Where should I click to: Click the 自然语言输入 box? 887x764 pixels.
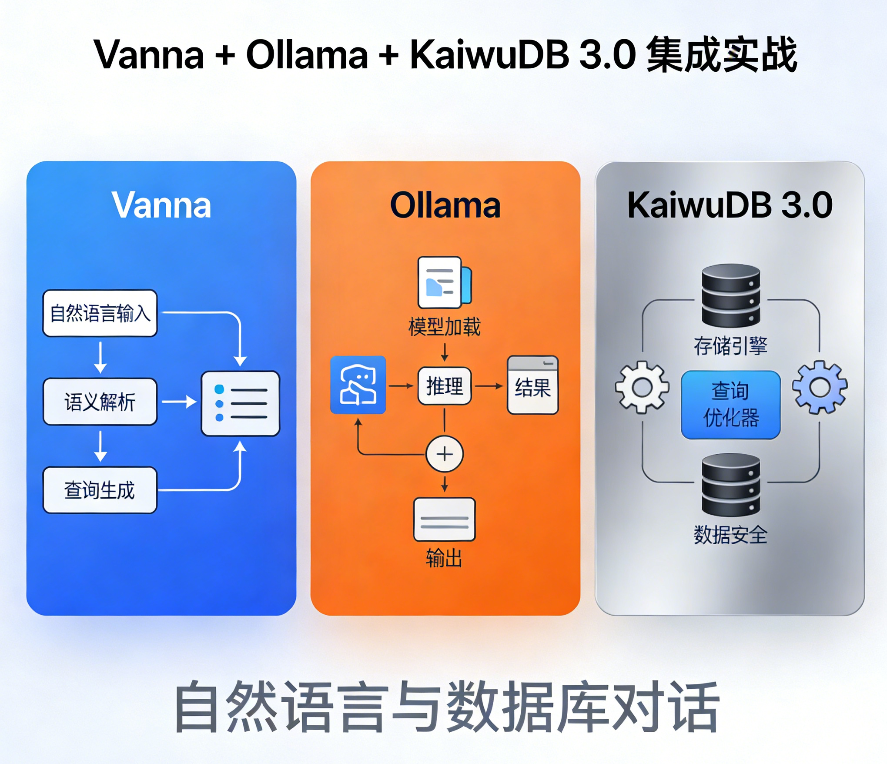pyautogui.click(x=100, y=313)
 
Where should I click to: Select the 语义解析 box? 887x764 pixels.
pyautogui.click(x=100, y=402)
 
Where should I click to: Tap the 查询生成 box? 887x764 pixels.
pyautogui.click(x=100, y=490)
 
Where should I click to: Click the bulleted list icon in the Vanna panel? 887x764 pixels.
pyautogui.click(x=241, y=403)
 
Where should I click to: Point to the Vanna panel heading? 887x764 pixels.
pyautogui.click(x=161, y=205)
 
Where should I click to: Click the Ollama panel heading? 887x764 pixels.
pyautogui.click(x=445, y=205)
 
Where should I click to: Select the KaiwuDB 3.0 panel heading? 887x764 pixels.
pyautogui.click(x=730, y=205)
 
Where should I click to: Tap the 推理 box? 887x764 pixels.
pyautogui.click(x=444, y=386)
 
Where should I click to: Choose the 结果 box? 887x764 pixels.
pyautogui.click(x=533, y=386)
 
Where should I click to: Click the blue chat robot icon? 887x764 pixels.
pyautogui.click(x=358, y=385)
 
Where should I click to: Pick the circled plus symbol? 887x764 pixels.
pyautogui.click(x=445, y=454)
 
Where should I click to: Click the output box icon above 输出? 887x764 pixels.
pyautogui.click(x=444, y=519)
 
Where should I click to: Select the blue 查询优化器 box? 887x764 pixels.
pyautogui.click(x=730, y=405)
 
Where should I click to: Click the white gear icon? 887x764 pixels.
pyautogui.click(x=642, y=387)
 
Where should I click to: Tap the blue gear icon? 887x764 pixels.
pyautogui.click(x=820, y=387)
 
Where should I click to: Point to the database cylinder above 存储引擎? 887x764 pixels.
pyautogui.click(x=731, y=295)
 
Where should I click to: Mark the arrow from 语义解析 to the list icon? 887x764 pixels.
pyautogui.click(x=179, y=402)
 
